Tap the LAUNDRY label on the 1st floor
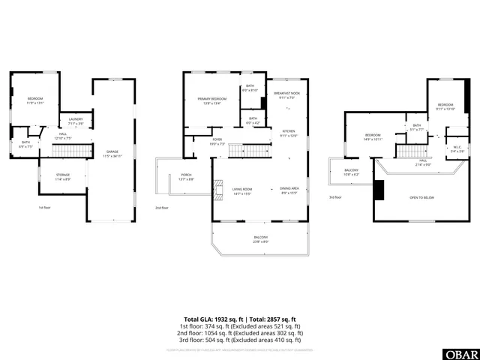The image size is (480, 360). pyautogui.click(x=76, y=119)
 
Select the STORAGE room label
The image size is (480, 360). pyautogui.click(x=63, y=176)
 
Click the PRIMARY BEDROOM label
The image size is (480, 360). pyautogui.click(x=212, y=99)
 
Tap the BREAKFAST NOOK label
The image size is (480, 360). pyautogui.click(x=287, y=94)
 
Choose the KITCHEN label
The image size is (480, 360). pyautogui.click(x=289, y=131)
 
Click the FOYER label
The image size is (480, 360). pyautogui.click(x=217, y=139)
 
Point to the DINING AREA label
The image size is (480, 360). pyautogui.click(x=289, y=188)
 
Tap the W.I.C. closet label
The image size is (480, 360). pyautogui.click(x=457, y=147)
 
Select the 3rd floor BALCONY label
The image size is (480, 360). pyautogui.click(x=351, y=170)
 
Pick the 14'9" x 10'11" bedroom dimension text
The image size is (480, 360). pyautogui.click(x=373, y=139)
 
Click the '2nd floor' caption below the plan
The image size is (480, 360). pyautogui.click(x=162, y=208)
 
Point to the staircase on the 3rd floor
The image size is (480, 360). pyautogui.click(x=411, y=152)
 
